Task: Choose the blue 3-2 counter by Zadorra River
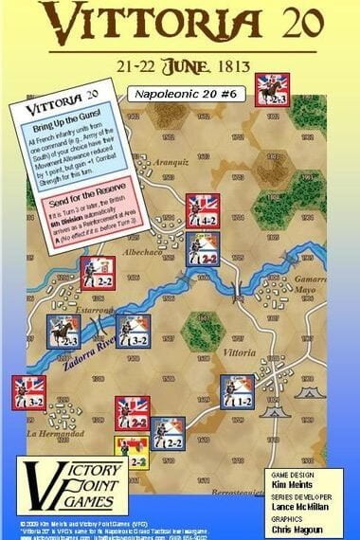click(134, 330)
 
